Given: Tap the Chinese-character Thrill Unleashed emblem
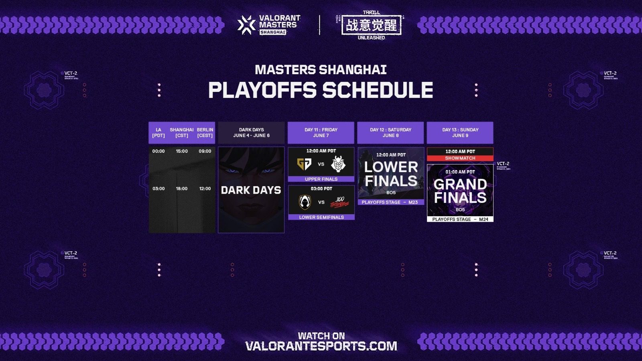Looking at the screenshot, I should point(371,25).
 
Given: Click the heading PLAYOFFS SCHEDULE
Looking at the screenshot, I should point(321,90).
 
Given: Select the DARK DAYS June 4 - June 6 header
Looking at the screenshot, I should point(251,133).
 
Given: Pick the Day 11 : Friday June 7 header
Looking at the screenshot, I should point(321,133).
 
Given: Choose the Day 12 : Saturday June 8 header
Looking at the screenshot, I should point(390,133).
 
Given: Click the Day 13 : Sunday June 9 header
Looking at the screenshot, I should point(460,133).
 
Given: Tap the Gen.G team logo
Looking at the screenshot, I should point(304,164).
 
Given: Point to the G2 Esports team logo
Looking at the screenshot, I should point(338,164).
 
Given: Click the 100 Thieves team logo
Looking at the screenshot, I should point(339,202).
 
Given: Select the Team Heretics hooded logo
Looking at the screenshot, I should point(305,202).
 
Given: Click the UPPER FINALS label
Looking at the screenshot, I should point(321,179).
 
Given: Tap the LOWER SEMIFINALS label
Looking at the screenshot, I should point(321,217).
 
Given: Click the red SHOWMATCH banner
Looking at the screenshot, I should point(460,158).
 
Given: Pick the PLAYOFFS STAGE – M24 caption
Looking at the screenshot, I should point(460,219).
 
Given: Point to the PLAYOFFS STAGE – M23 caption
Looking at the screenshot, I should point(390,202).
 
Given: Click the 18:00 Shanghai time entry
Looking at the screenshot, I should point(182,189).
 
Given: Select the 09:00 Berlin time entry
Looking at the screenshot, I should point(205,151).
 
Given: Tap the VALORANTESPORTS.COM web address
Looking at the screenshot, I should point(321,346).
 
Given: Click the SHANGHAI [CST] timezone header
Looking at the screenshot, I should point(182,133).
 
